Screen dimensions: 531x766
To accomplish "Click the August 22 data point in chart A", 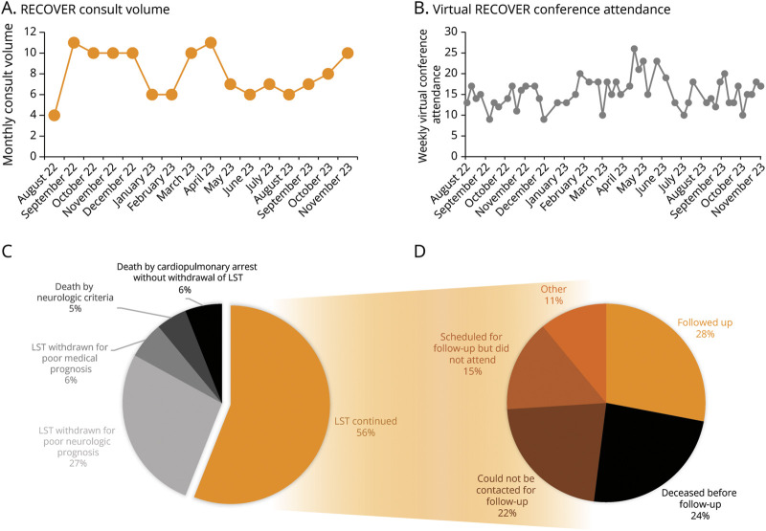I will (56, 115).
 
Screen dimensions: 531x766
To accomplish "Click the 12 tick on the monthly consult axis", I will (29, 32).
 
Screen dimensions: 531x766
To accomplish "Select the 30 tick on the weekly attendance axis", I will (450, 32).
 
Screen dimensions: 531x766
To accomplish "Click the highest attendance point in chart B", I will (634, 49).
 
